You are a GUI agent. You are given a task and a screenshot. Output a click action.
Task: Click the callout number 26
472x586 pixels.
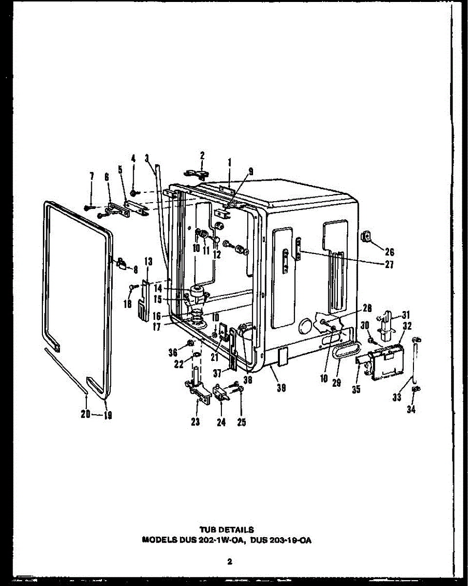point(389,252)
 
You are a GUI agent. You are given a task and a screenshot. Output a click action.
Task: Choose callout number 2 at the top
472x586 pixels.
point(202,156)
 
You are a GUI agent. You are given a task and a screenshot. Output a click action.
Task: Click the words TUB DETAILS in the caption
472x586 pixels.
point(227,529)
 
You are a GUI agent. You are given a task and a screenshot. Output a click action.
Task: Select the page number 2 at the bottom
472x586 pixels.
point(229,562)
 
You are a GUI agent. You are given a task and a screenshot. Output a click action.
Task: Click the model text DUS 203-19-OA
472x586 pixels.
point(280,540)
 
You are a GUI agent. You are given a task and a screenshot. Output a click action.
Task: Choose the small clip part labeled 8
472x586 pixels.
point(122,262)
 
